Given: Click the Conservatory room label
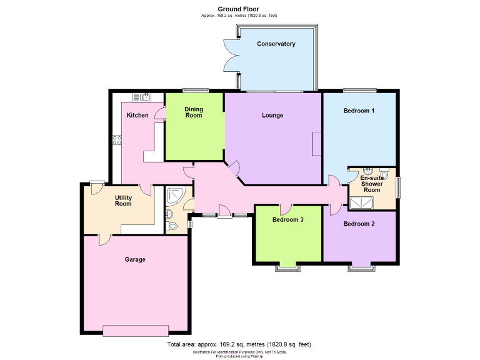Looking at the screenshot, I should click(276, 44).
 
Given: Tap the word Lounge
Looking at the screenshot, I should click(272, 115).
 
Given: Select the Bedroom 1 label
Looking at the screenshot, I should click(359, 111).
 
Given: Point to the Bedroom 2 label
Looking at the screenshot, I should click(359, 224).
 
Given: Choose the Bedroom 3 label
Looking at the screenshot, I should click(288, 219).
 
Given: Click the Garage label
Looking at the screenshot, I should click(134, 259).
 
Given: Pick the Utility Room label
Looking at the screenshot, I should click(123, 201).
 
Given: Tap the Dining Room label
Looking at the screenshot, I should click(194, 112).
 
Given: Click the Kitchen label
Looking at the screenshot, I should click(137, 115).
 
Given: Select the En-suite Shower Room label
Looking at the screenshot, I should click(372, 184).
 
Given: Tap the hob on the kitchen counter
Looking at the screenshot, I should click(116, 141).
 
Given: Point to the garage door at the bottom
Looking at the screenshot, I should click(136, 329).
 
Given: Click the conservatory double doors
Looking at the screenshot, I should click(229, 57).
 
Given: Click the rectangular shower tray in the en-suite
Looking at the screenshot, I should click(361, 202).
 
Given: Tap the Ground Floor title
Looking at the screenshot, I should click(239, 9).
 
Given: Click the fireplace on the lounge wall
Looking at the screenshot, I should click(317, 144).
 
